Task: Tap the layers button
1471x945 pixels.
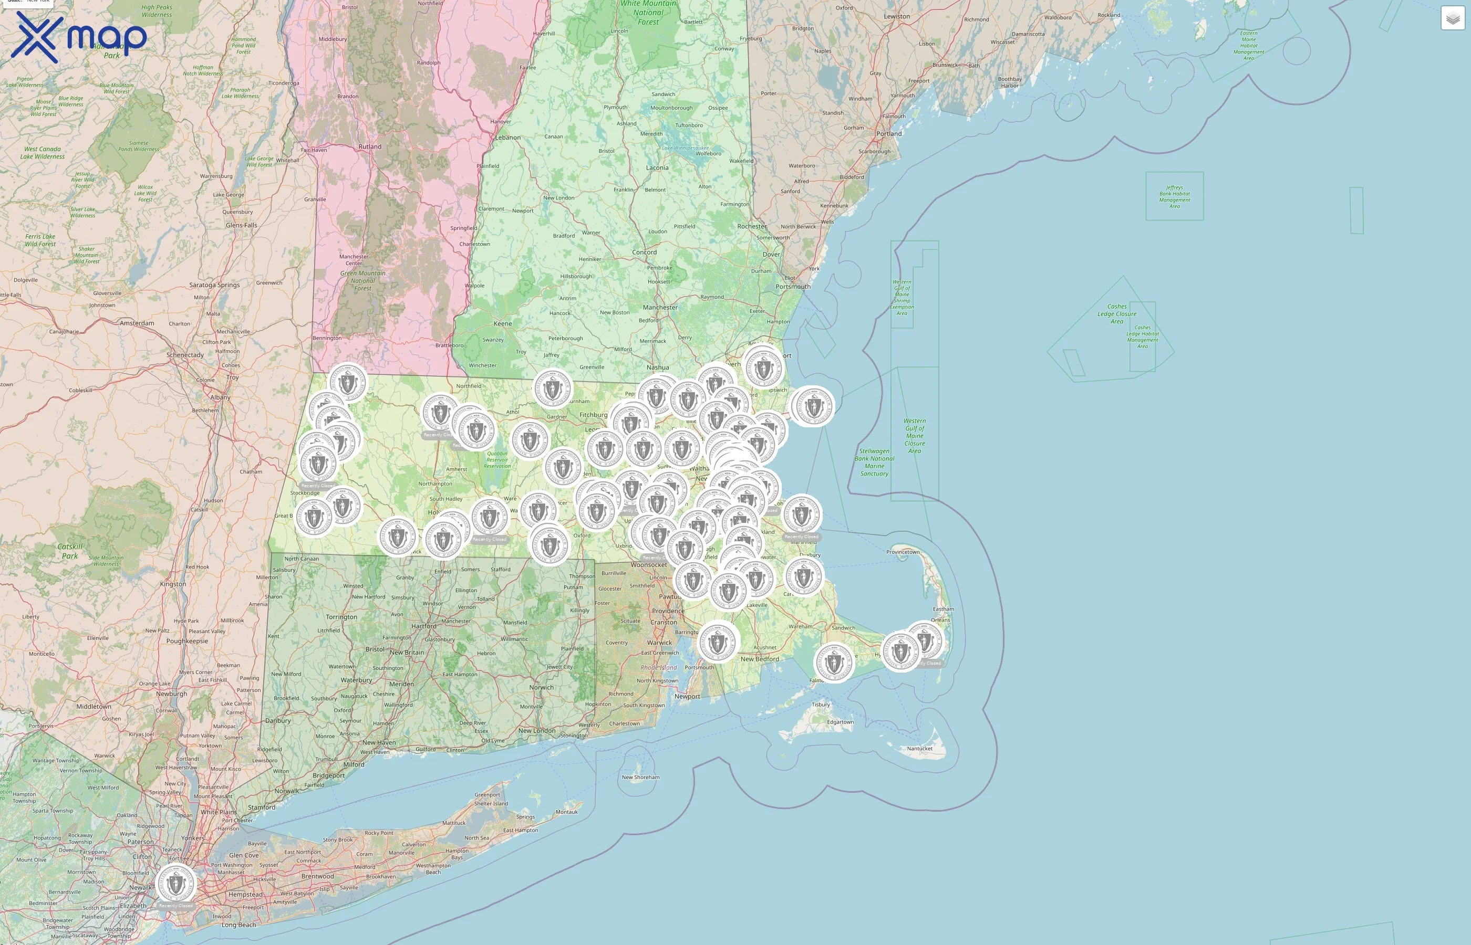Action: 1452,18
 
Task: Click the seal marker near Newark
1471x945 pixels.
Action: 175,884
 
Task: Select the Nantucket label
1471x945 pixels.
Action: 919,748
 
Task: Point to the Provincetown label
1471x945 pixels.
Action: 903,552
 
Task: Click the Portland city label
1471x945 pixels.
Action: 888,133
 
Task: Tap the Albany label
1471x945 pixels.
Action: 221,397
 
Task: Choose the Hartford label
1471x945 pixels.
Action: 423,626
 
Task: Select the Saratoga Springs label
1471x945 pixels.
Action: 214,285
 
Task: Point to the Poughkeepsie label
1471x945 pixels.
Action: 187,640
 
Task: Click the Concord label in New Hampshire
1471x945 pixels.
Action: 644,252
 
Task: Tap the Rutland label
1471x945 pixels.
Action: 370,146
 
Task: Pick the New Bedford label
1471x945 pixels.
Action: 760,659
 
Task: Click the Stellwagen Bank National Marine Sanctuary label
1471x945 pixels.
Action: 874,462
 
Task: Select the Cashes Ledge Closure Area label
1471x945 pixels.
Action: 1117,313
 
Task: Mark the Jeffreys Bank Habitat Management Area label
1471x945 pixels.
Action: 1174,196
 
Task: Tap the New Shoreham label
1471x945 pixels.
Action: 640,777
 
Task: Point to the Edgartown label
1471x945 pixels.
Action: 840,722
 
